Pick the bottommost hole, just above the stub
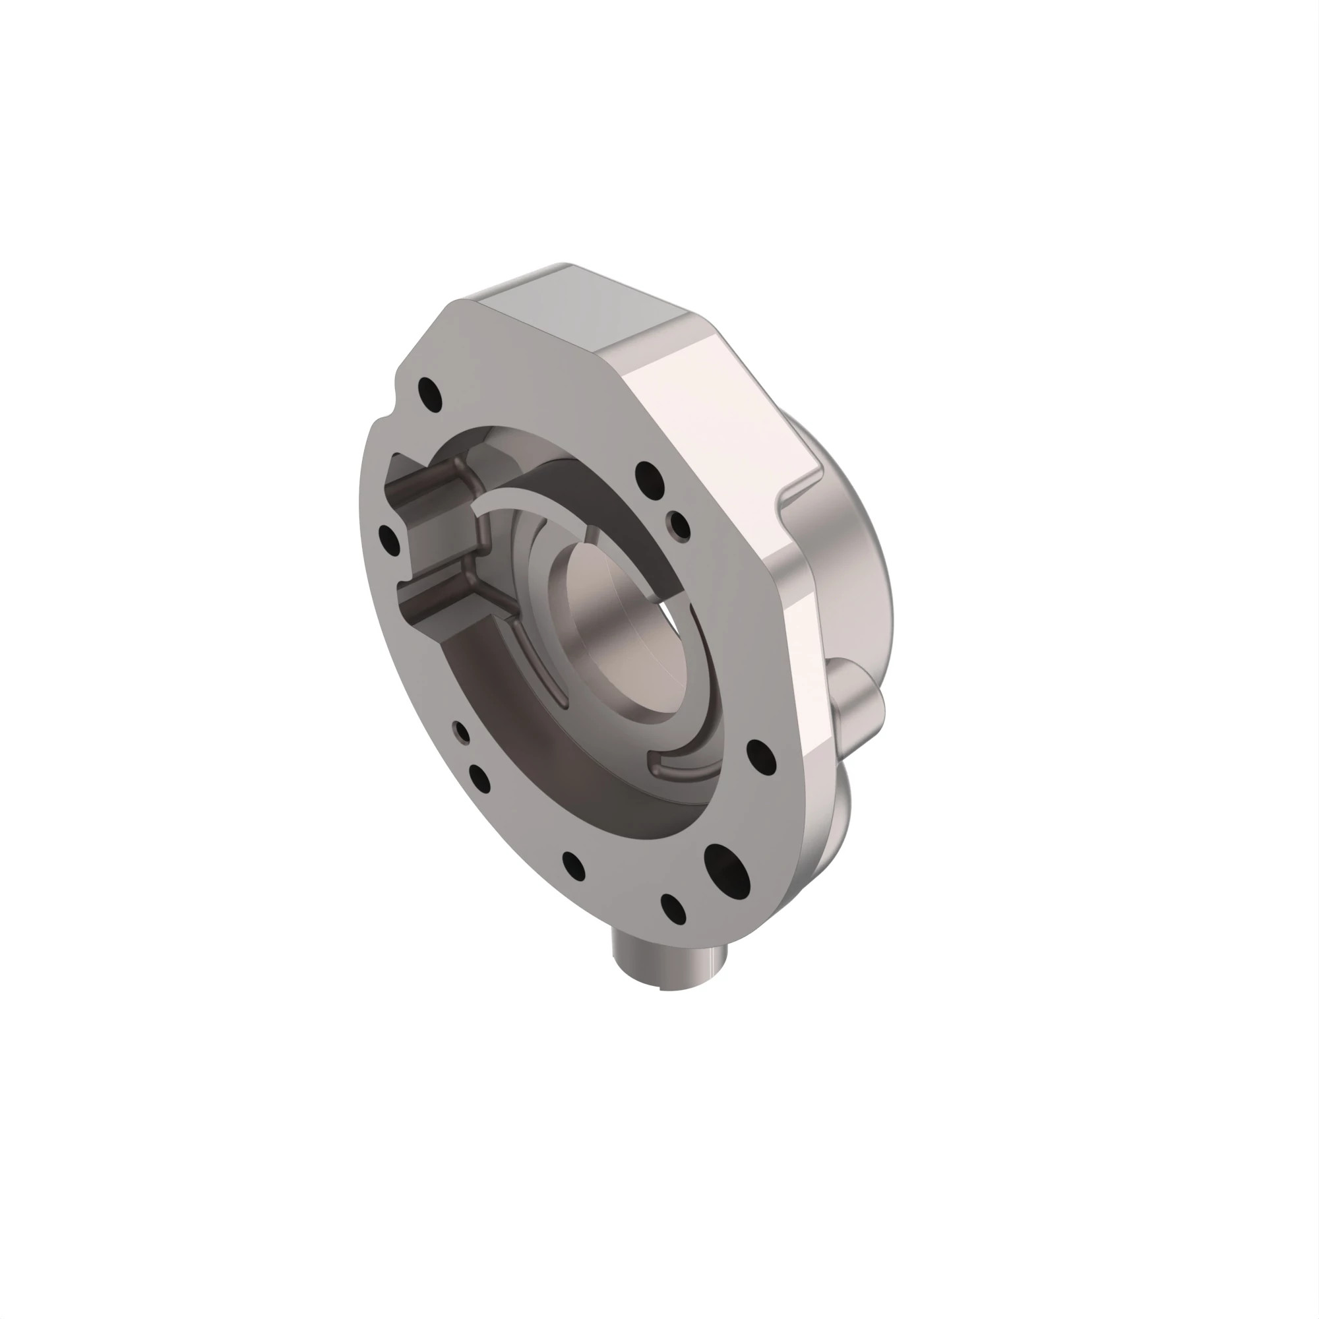pos(674,909)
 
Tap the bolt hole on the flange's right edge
pos(761,754)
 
